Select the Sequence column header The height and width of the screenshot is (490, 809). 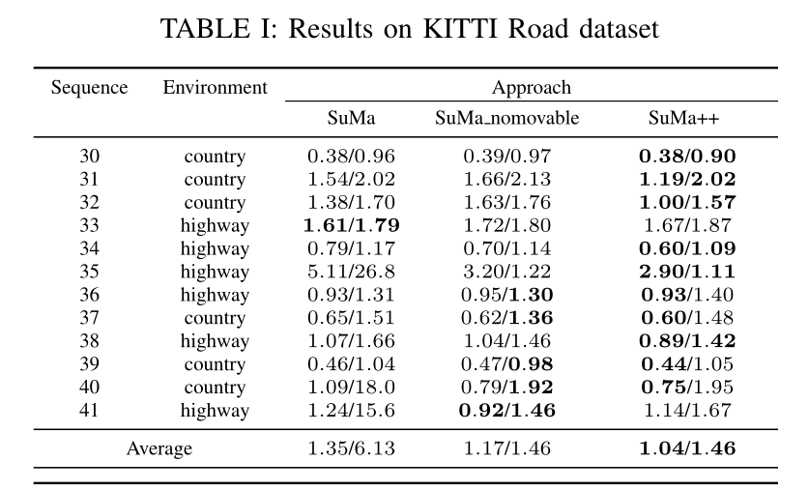coord(89,88)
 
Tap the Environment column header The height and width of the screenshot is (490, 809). coord(216,88)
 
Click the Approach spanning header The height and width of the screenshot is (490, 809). coord(532,88)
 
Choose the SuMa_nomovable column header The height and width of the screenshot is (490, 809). coord(507,118)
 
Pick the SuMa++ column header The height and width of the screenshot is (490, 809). coord(683,118)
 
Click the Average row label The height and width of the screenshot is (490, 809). coord(159,448)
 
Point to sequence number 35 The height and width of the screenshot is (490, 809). coord(89,272)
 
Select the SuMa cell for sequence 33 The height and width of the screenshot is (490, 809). coord(352,225)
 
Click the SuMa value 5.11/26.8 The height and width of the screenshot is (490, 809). coord(352,272)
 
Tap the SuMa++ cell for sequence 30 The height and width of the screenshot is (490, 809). coord(687,157)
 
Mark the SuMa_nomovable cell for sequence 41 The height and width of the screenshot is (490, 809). coord(507,410)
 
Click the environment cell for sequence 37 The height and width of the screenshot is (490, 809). coord(215,318)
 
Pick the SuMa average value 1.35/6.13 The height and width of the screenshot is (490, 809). coord(352,448)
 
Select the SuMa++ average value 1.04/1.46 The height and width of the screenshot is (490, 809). coord(687,448)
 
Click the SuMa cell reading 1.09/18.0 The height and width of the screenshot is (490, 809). coord(352,387)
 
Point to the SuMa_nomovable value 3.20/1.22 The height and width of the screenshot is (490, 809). coord(507,272)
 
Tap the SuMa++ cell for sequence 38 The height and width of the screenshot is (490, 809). coord(687,341)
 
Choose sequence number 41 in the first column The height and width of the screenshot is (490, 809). coord(89,410)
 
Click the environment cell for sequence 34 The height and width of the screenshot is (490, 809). coord(215,249)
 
